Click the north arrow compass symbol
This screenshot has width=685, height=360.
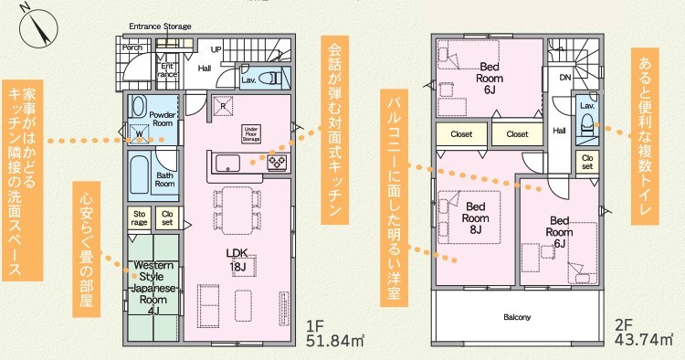[x=39, y=27]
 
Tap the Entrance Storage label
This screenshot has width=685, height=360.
[x=160, y=26]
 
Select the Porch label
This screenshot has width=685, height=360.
[x=132, y=48]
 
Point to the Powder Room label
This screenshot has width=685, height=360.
[x=163, y=119]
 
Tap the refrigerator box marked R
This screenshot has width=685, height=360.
[x=223, y=106]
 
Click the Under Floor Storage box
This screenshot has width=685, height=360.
[x=251, y=134]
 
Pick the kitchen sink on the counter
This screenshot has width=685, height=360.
[x=227, y=163]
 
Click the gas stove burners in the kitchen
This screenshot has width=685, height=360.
[x=277, y=162]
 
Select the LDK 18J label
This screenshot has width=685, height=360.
[x=237, y=259]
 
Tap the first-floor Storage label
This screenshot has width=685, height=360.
[x=140, y=218]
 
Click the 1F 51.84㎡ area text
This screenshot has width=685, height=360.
[x=335, y=334]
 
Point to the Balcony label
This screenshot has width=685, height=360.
[x=517, y=317]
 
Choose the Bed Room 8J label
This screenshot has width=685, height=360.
[x=475, y=217]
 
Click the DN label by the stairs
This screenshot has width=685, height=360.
[x=565, y=78]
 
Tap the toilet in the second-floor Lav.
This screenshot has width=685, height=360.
[x=586, y=122]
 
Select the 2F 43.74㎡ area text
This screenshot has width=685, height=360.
[x=644, y=333]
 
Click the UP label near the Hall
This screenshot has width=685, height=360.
[x=216, y=50]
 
